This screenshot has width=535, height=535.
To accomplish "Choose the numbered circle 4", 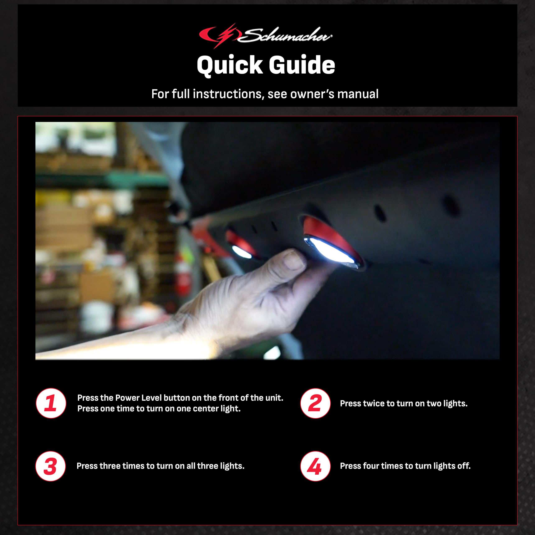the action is [315, 466].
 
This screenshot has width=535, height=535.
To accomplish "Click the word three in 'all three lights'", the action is [208, 466].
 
